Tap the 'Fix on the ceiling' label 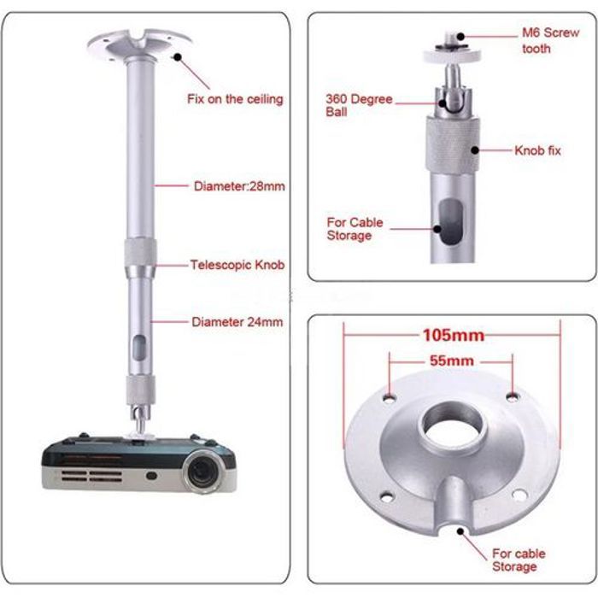(x=235, y=99)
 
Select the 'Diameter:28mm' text (x=239, y=186)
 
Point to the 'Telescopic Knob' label (x=237, y=265)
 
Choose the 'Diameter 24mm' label (x=237, y=322)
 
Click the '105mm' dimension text (x=454, y=336)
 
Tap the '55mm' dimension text (x=452, y=361)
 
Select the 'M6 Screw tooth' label (x=550, y=40)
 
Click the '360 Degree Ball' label (x=359, y=105)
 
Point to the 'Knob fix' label (x=537, y=150)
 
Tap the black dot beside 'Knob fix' (x=475, y=150)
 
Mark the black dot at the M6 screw (x=460, y=37)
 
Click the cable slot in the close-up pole (x=450, y=222)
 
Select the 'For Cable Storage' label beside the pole (x=355, y=229)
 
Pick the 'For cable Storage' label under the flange (x=519, y=560)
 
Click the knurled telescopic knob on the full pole (x=140, y=252)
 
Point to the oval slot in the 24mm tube (x=139, y=348)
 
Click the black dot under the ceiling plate (x=178, y=57)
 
